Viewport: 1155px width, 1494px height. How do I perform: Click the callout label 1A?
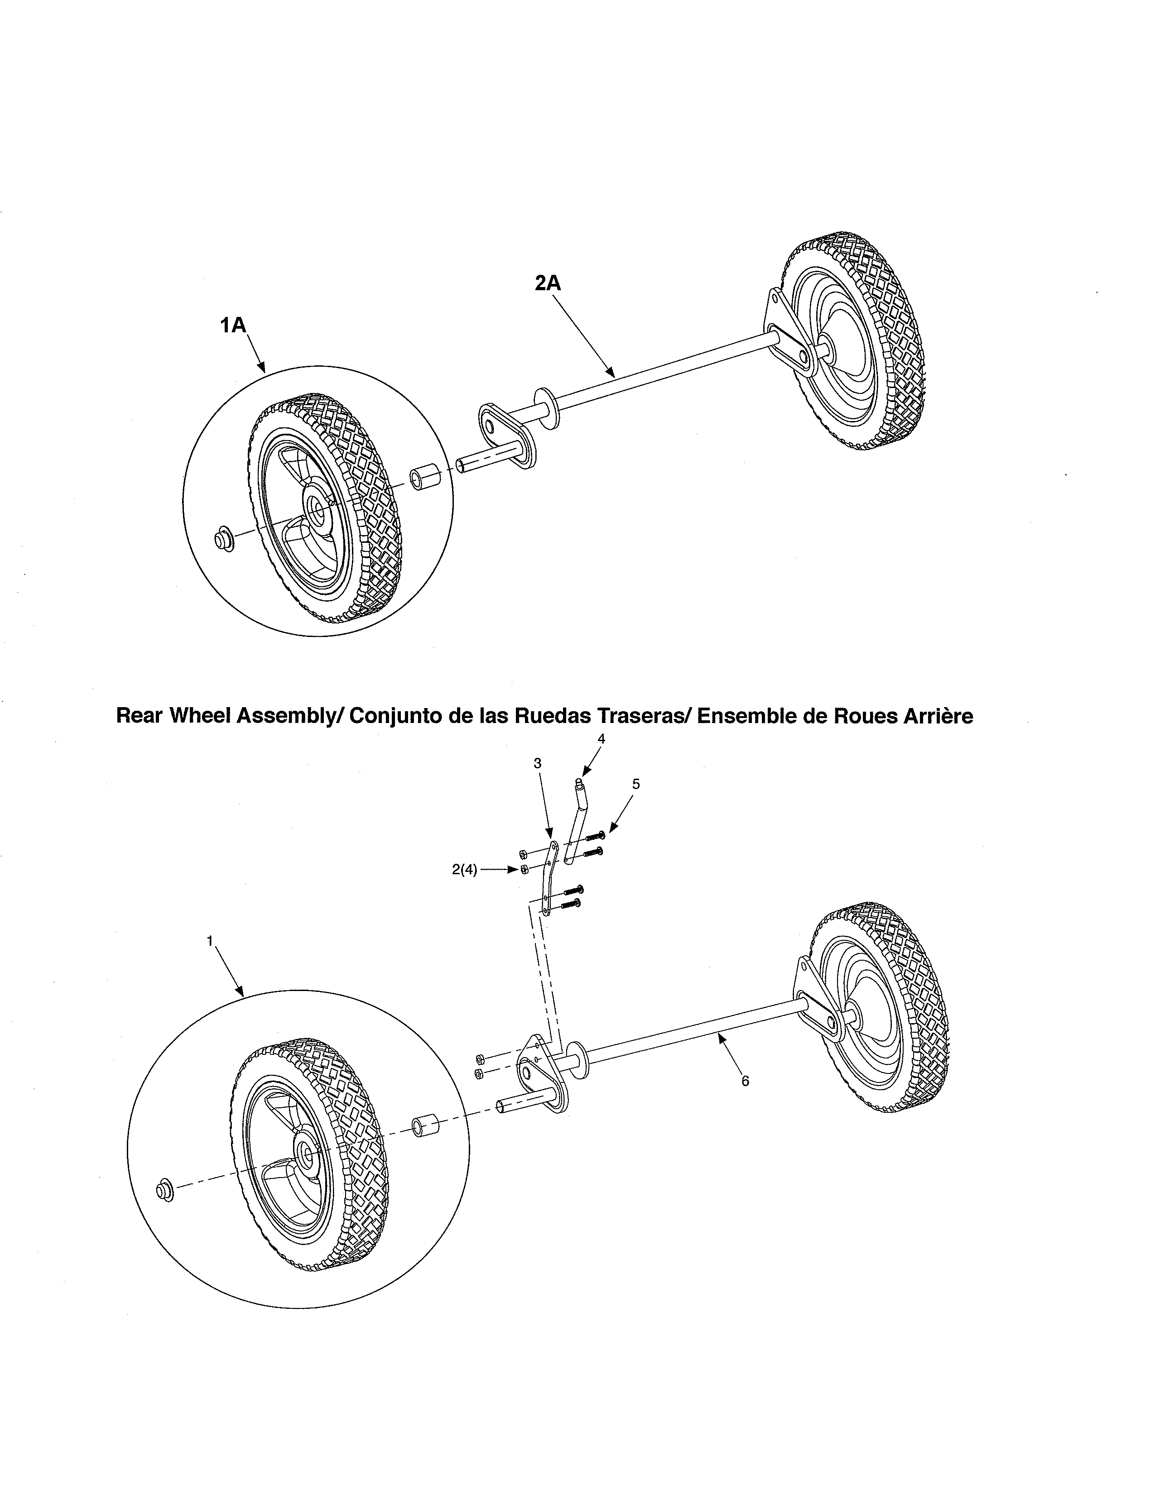[233, 325]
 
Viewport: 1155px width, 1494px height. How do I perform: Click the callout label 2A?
[548, 283]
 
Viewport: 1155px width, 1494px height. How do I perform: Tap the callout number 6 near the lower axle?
[745, 1081]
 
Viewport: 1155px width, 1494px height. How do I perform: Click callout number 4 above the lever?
[602, 739]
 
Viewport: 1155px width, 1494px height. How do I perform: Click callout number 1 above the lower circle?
[210, 941]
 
